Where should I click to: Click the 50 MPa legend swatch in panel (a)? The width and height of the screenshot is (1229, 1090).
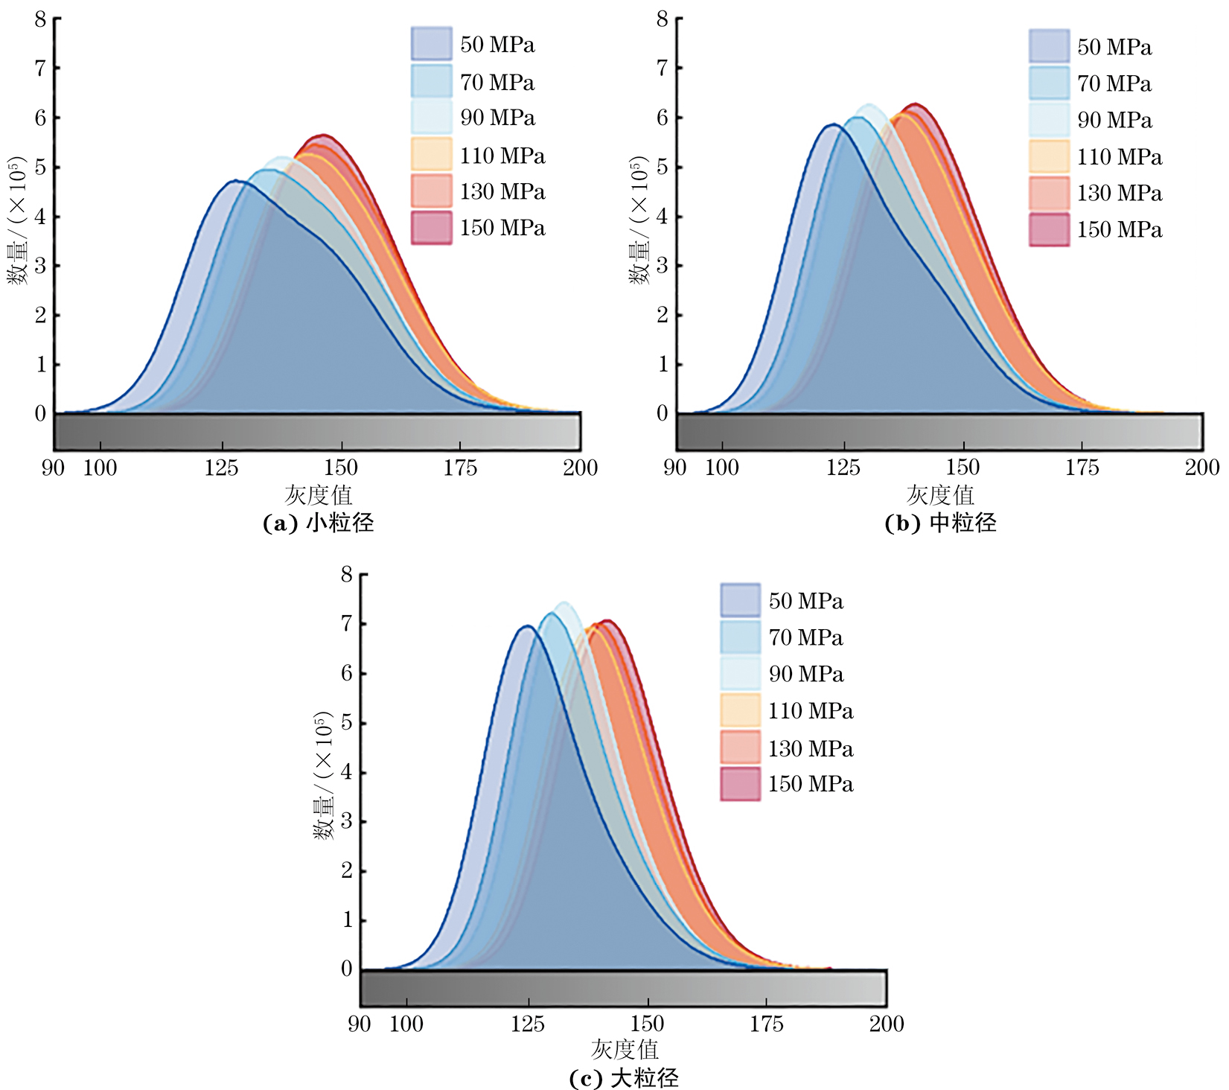click(x=431, y=44)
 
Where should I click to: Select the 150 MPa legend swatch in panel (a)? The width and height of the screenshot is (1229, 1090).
click(x=431, y=228)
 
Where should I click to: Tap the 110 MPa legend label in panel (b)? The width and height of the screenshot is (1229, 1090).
click(x=1119, y=157)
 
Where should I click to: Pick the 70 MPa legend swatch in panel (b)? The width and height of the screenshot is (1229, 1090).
click(x=1049, y=83)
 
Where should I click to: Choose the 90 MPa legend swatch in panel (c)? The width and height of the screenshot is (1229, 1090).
click(x=740, y=674)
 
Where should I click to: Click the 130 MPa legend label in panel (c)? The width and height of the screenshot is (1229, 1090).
click(x=811, y=748)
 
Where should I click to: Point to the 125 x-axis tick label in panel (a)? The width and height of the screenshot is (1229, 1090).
click(x=221, y=468)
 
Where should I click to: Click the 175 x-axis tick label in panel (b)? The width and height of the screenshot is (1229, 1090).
click(x=1082, y=468)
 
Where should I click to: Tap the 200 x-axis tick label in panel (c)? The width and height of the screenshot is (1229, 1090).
click(x=886, y=1024)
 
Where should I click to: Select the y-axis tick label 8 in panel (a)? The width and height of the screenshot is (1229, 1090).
click(x=40, y=19)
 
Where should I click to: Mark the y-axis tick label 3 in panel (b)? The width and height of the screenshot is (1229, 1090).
click(x=662, y=266)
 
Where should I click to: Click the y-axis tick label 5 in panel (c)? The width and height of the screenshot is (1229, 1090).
click(x=346, y=723)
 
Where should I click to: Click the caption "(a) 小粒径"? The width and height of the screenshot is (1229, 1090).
click(x=318, y=523)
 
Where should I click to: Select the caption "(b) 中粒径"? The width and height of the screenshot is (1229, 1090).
click(x=940, y=523)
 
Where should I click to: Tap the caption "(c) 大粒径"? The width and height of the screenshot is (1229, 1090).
click(x=624, y=1078)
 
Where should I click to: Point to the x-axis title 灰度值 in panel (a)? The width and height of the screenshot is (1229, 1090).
click(x=318, y=495)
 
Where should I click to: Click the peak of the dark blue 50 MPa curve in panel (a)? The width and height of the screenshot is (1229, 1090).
click(x=235, y=180)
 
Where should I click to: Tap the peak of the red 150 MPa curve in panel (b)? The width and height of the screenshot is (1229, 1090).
click(x=915, y=103)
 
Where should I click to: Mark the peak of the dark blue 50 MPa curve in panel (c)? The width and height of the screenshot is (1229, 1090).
click(x=527, y=625)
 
